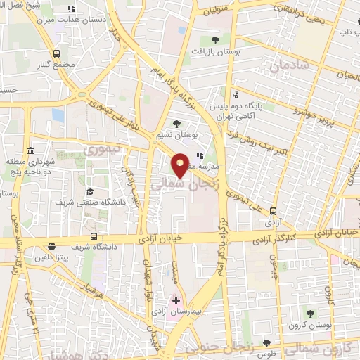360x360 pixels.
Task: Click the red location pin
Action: (181, 165)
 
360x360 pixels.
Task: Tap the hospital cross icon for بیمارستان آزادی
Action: (176, 300)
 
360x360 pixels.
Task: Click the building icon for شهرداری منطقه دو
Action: (31, 151)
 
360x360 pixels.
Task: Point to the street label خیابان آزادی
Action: (162, 239)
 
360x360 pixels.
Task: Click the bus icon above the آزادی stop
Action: (274, 210)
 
